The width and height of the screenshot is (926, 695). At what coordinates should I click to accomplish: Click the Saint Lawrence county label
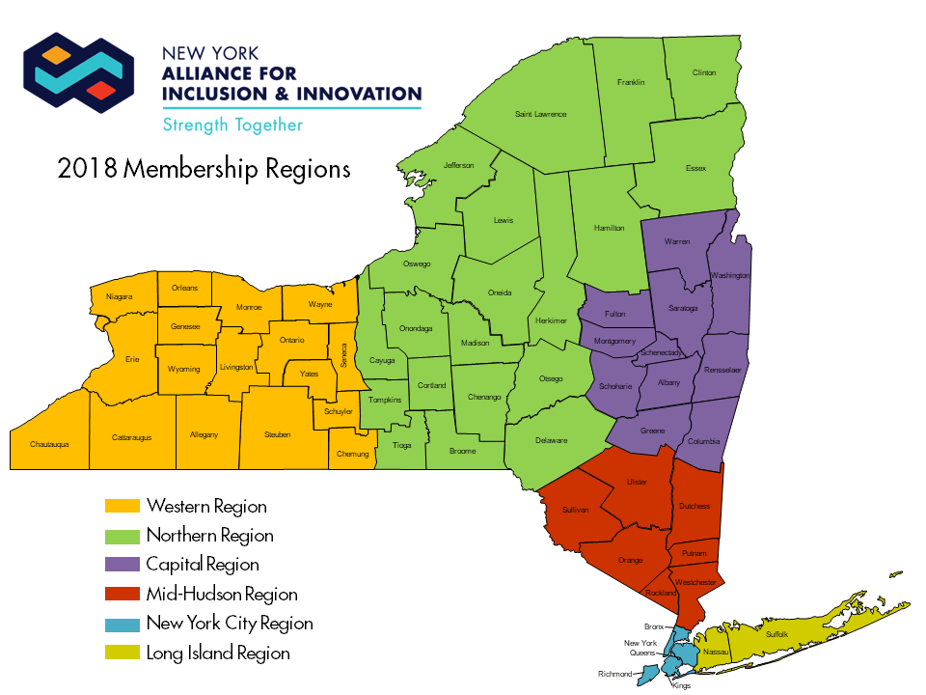click(540, 114)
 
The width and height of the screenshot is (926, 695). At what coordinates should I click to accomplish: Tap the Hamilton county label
click(610, 228)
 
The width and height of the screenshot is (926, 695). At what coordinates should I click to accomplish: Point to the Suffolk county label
click(776, 634)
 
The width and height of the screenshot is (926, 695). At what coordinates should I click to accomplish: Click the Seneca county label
click(343, 353)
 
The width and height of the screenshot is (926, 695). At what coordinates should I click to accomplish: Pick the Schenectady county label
click(662, 353)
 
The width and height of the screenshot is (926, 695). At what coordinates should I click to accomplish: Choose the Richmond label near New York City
click(614, 675)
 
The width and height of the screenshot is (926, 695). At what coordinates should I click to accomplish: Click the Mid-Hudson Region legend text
click(222, 595)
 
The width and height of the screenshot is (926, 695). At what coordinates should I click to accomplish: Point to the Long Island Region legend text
click(218, 653)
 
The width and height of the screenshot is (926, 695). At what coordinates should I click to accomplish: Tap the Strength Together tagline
click(232, 125)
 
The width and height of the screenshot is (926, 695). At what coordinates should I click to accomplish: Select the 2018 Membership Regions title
click(204, 169)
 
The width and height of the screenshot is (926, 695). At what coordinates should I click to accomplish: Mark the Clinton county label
click(704, 73)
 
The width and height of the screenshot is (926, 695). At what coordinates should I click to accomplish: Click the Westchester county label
click(695, 582)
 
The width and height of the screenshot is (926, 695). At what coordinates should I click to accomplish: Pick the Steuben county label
click(277, 435)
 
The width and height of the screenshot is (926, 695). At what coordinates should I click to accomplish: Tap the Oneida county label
click(500, 292)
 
